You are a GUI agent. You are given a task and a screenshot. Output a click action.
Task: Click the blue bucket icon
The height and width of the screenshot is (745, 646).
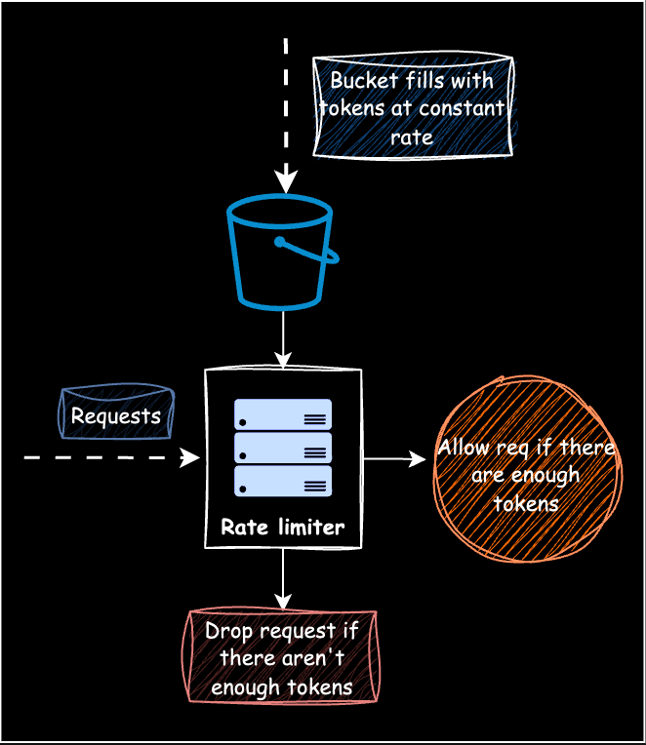[x=280, y=258]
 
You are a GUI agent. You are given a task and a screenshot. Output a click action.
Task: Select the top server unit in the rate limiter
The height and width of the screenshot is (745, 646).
[x=283, y=414]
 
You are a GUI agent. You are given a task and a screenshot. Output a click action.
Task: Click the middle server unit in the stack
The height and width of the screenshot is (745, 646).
[x=283, y=448]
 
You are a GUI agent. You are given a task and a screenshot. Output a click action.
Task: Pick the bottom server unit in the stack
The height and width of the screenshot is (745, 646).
[x=283, y=481]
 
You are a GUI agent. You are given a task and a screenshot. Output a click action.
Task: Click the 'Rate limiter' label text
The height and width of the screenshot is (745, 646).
[x=283, y=528]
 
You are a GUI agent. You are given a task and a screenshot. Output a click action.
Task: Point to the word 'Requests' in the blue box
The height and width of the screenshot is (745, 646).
[x=116, y=415]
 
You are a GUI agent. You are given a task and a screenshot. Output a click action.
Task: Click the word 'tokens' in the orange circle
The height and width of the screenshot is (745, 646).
[x=526, y=503]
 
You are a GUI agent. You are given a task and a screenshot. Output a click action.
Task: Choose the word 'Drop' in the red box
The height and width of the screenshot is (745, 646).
[x=226, y=631]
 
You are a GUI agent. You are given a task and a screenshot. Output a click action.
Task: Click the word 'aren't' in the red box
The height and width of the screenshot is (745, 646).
[x=305, y=658]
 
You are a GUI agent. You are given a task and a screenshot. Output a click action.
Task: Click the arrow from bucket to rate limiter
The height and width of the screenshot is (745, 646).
[x=283, y=339]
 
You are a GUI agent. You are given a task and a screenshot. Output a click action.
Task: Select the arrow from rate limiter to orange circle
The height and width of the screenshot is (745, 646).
[x=395, y=458]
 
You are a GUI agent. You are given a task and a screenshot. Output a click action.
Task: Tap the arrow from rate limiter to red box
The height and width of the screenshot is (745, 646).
[x=283, y=580]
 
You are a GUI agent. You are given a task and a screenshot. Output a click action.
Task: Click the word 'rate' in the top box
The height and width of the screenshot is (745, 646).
[x=412, y=137]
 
